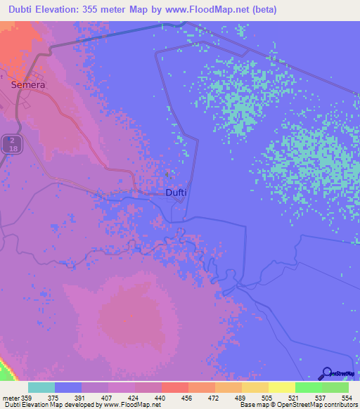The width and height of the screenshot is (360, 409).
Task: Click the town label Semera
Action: (x=28, y=84)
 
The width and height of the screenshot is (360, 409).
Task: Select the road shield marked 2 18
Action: (x=10, y=145)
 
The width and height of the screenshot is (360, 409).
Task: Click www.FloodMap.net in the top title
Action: (x=213, y=10)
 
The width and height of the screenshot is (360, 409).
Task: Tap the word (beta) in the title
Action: (x=262, y=10)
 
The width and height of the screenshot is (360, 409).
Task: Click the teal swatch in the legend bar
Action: (x=41, y=387)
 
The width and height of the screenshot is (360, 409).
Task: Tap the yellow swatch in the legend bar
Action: (x=281, y=387)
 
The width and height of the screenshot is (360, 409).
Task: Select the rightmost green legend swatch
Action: (x=335, y=387)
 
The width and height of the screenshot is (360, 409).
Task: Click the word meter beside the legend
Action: (x=11, y=397)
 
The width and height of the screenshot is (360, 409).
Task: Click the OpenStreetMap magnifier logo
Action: (x=326, y=373)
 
